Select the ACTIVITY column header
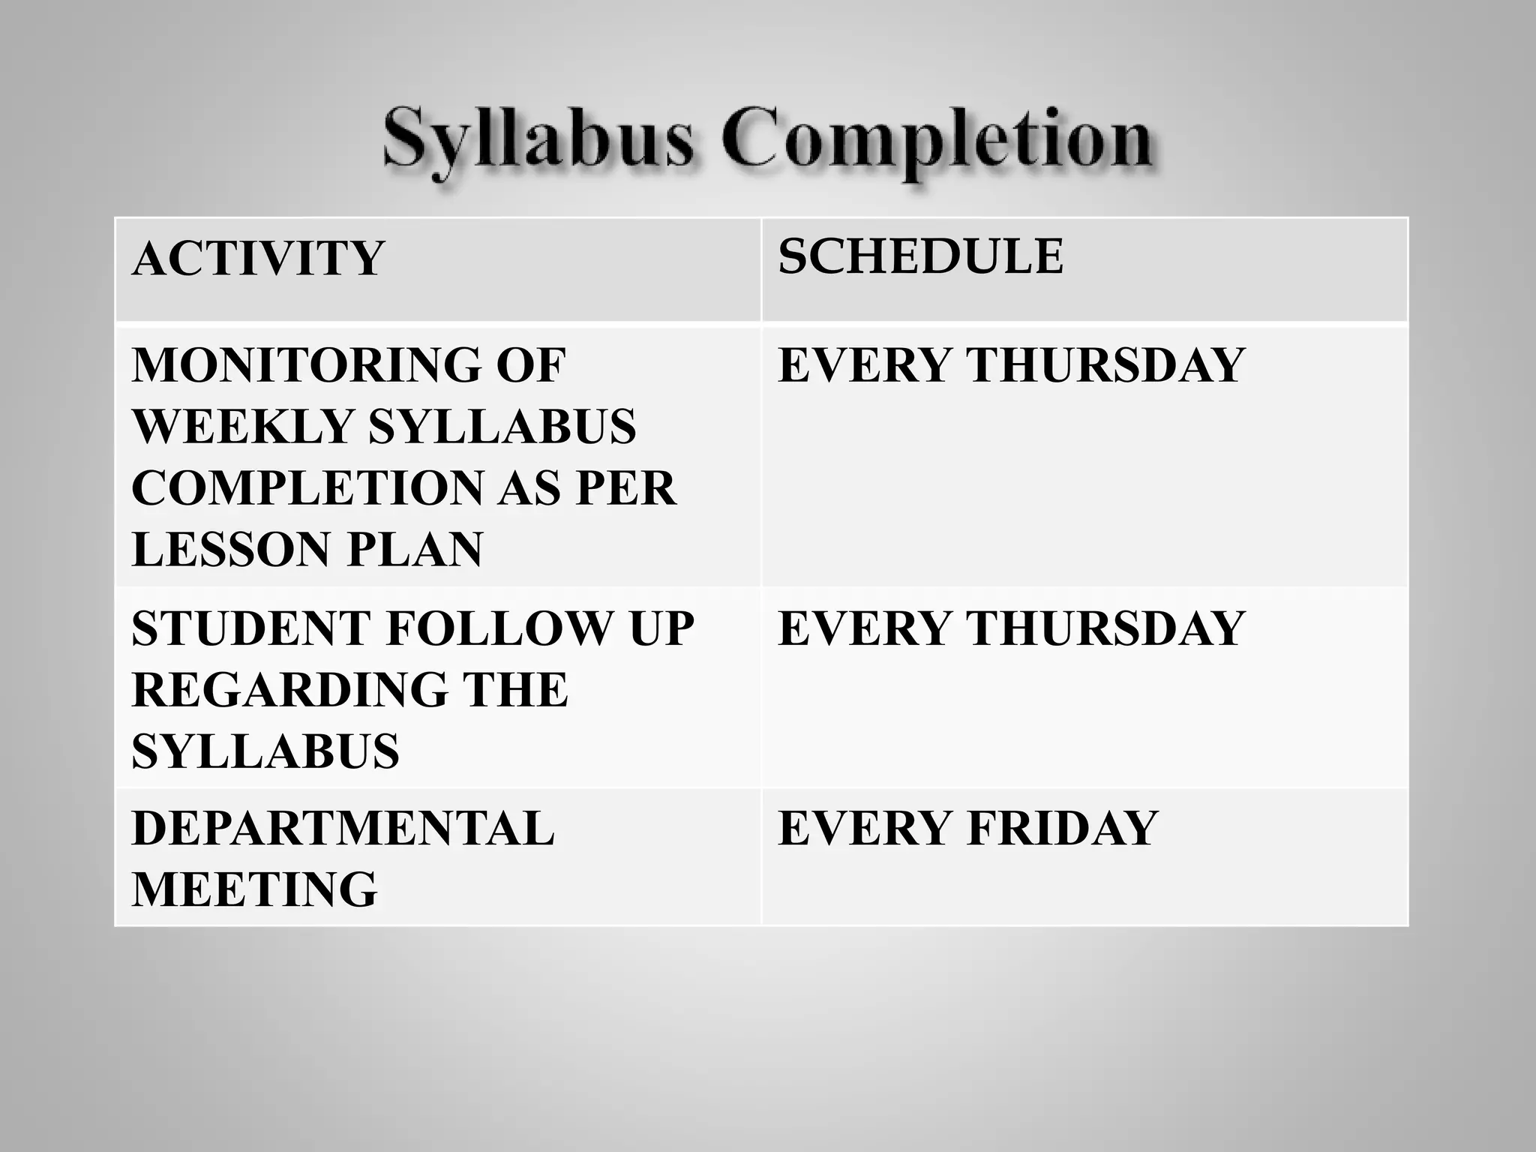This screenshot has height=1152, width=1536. point(257,259)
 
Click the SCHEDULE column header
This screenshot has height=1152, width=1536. point(920,256)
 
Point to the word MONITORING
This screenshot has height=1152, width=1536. point(300,365)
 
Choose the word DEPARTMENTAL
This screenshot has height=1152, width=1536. point(343,829)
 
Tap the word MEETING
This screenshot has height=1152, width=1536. point(254,890)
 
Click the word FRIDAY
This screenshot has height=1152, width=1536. point(1063,829)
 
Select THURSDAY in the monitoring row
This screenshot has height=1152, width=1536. point(1105,365)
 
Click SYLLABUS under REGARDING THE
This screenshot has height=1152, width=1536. point(265,751)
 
